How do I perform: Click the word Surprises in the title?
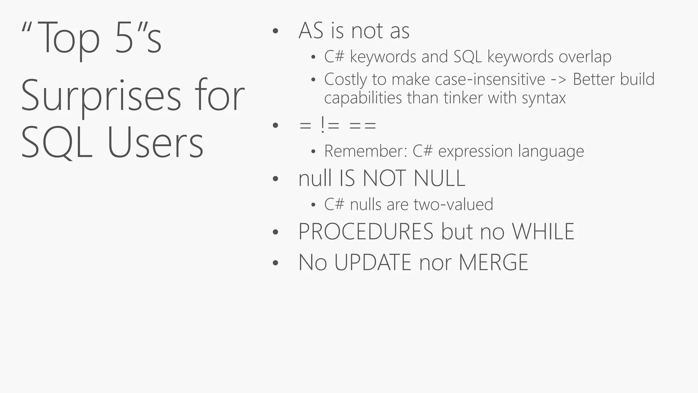(101, 96)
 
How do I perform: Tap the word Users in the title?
(155, 143)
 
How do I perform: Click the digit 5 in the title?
(124, 37)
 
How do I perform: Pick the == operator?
(363, 126)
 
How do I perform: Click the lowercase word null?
(315, 178)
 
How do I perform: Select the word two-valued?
(453, 204)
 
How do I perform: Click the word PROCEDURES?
(366, 232)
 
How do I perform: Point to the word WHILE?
(543, 232)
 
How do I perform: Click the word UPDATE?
(373, 263)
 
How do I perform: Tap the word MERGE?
(493, 263)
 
